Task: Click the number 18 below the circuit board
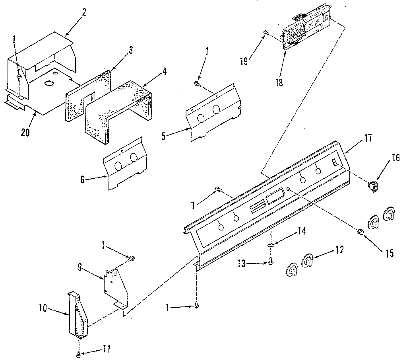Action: click(x=280, y=84)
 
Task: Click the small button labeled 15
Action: click(x=360, y=231)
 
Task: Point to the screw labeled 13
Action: click(x=271, y=261)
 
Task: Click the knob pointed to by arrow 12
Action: click(x=309, y=261)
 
